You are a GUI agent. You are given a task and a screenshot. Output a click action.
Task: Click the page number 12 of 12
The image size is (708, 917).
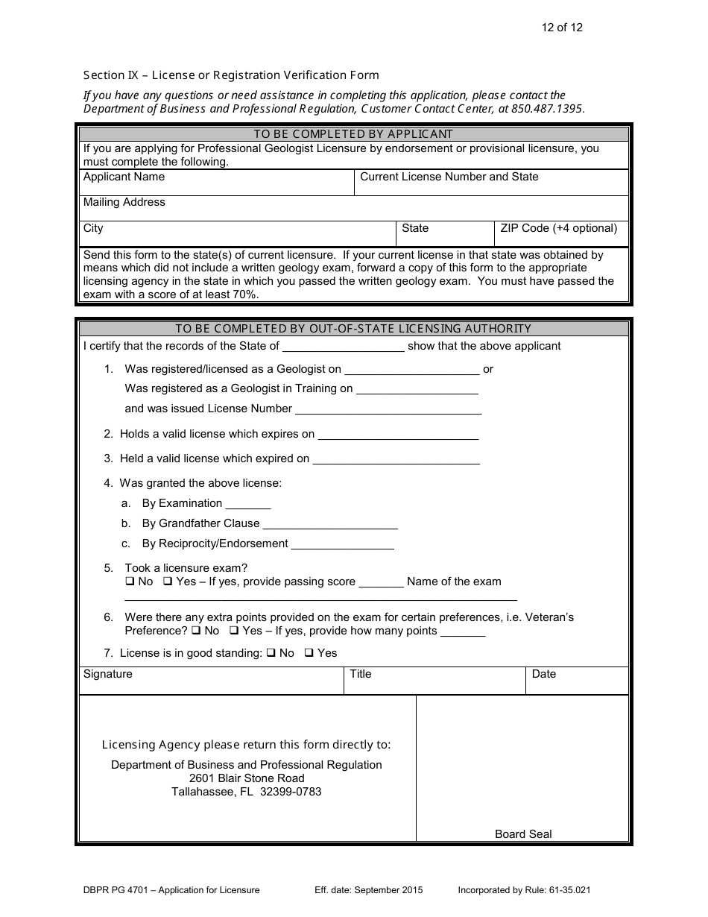click(562, 28)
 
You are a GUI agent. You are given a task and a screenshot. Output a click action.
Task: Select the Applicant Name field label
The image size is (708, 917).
click(124, 177)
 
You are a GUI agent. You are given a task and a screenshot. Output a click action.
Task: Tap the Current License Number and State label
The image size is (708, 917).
click(449, 177)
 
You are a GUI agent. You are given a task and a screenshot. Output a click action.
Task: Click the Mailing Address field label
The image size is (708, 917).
click(124, 203)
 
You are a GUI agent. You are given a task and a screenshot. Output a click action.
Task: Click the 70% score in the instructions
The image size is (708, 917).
click(243, 294)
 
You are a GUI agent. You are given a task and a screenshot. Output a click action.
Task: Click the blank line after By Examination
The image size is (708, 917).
click(247, 505)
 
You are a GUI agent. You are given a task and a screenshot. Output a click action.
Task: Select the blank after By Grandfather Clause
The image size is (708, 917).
click(330, 525)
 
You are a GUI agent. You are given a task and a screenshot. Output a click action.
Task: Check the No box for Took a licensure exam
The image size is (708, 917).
click(130, 582)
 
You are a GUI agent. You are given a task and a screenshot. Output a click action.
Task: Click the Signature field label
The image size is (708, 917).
click(107, 675)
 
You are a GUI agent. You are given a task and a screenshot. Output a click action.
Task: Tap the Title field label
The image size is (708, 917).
click(360, 675)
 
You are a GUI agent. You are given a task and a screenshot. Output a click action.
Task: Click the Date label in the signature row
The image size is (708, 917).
click(543, 675)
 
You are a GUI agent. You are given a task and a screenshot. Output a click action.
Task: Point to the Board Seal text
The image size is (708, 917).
click(523, 834)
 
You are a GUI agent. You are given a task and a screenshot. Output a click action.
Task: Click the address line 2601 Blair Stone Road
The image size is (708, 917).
click(247, 778)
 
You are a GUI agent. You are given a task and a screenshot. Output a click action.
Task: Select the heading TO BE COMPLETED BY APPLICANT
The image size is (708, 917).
click(353, 134)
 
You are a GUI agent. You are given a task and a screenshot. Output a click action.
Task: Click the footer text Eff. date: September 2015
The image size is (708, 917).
click(368, 890)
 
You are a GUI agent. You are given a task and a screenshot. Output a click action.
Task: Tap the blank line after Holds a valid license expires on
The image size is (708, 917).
click(398, 435)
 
